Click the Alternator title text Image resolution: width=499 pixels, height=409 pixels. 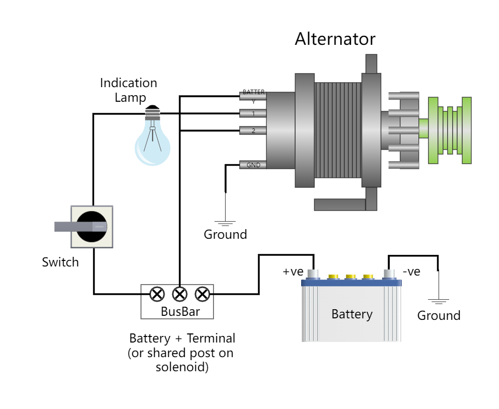coord(335,39)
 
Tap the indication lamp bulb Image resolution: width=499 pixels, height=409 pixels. coord(152,144)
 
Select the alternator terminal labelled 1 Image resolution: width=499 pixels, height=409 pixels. coord(253,113)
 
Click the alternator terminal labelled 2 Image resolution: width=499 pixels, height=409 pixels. coord(253,130)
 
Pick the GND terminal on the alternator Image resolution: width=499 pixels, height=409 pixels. coord(253,165)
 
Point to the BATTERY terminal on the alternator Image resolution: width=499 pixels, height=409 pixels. coord(253,96)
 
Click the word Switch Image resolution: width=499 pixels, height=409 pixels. coord(60,262)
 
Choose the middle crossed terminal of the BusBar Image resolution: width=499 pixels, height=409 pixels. coord(180,294)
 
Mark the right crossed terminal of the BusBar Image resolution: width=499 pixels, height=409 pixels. coord(202,294)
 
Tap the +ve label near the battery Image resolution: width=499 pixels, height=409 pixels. coord(293,272)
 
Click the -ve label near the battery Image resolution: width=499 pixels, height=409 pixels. coord(411,272)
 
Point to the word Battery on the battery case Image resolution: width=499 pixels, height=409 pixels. coord(352,314)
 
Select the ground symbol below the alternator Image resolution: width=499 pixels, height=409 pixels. coord(225,222)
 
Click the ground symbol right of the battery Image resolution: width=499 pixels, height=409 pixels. coord(439,301)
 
